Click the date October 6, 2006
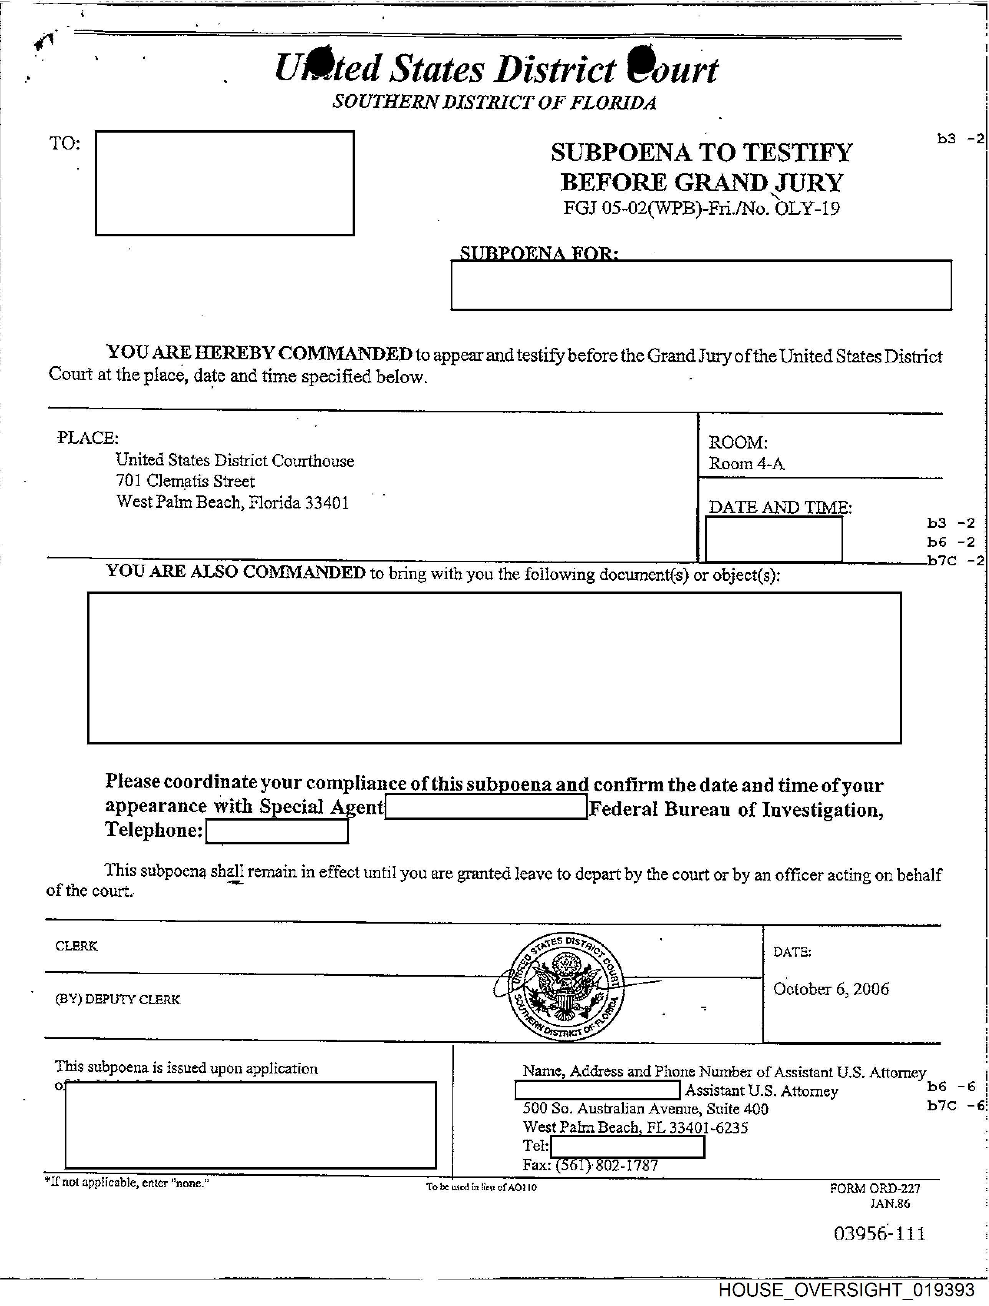tap(831, 989)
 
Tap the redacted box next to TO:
tap(225, 183)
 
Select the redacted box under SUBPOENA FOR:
tap(701, 285)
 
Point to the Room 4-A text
tap(747, 464)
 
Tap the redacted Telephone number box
tap(277, 831)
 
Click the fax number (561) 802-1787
tap(590, 1165)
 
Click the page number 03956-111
tap(879, 1234)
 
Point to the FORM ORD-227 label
tap(875, 1188)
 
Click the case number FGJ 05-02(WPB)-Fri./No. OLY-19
tap(701, 208)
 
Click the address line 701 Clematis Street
tap(185, 481)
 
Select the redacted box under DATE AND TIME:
tap(774, 539)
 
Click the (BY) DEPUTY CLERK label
tap(118, 1000)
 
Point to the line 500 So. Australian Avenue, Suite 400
tap(646, 1109)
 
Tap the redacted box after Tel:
tap(627, 1146)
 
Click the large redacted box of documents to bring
tap(495, 668)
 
